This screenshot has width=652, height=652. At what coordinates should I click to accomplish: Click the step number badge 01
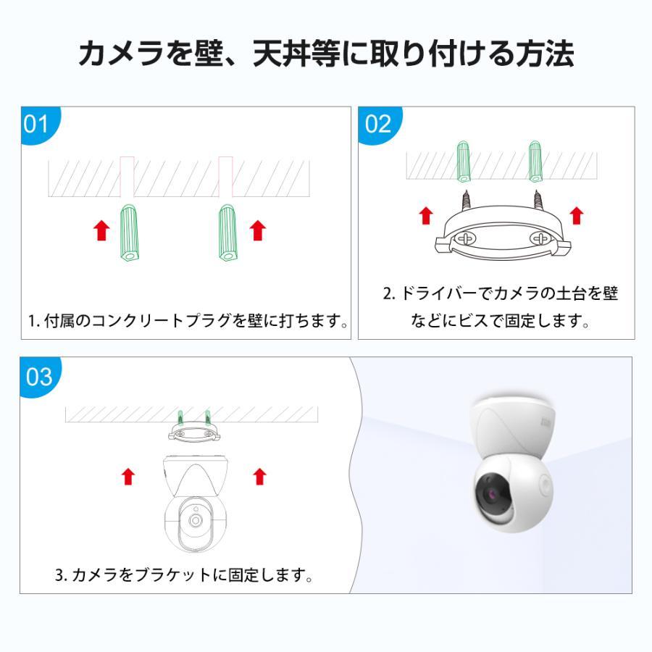pyautogui.click(x=37, y=124)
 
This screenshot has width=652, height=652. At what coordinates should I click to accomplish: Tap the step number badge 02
pyautogui.click(x=377, y=124)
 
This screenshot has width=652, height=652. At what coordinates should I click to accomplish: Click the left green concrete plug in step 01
pyautogui.click(x=129, y=233)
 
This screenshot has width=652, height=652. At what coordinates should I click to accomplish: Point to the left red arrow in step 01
pyautogui.click(x=102, y=230)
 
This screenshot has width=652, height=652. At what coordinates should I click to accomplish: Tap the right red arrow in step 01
pyautogui.click(x=257, y=230)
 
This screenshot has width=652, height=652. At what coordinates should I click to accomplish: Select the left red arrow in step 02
pyautogui.click(x=427, y=215)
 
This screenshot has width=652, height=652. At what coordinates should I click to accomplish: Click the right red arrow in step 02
pyautogui.click(x=577, y=215)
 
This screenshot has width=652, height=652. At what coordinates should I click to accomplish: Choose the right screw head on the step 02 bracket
pyautogui.click(x=540, y=237)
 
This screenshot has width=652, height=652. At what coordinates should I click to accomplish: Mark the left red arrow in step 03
pyautogui.click(x=128, y=476)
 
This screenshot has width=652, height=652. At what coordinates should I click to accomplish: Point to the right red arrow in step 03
pyautogui.click(x=259, y=476)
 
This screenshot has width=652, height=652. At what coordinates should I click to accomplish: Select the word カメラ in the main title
pyautogui.click(x=120, y=54)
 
